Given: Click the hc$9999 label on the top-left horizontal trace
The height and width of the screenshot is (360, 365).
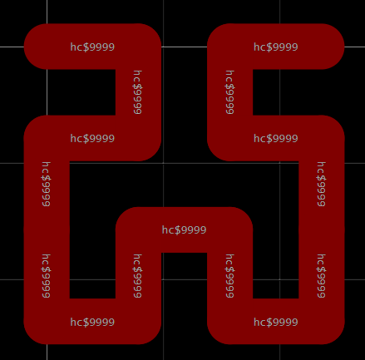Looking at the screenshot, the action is pyautogui.click(x=92, y=47).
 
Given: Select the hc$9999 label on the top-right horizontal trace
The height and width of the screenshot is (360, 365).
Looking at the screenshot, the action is pyautogui.click(x=276, y=47).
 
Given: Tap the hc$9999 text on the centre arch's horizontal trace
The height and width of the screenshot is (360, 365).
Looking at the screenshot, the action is pyautogui.click(x=184, y=229).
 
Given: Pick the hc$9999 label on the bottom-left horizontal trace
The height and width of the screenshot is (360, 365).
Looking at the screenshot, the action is pyautogui.click(x=92, y=322).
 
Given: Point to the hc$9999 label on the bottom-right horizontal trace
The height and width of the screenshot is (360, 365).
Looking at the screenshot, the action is pyautogui.click(x=276, y=322).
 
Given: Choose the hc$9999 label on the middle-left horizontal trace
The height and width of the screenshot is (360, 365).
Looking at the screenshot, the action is pyautogui.click(x=92, y=138).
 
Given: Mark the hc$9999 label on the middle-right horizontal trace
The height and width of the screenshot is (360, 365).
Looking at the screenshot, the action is pyautogui.click(x=276, y=138).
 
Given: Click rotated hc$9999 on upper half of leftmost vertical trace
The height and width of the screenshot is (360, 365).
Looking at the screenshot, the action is pyautogui.click(x=46, y=184).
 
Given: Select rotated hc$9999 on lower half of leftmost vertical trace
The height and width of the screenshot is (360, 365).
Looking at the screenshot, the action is pyautogui.click(x=46, y=276).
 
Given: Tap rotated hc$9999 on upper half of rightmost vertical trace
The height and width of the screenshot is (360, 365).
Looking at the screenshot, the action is pyautogui.click(x=321, y=184).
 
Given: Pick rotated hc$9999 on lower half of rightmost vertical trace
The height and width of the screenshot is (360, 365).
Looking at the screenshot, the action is pyautogui.click(x=321, y=276).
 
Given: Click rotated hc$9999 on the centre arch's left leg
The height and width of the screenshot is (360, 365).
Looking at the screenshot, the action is pyautogui.click(x=138, y=276).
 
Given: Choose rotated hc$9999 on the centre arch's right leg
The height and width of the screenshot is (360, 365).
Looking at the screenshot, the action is pyautogui.click(x=229, y=276).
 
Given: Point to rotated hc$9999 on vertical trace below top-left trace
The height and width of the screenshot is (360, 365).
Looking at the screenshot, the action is pyautogui.click(x=138, y=92).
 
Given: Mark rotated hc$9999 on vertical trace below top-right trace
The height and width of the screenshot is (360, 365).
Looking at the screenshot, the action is pyautogui.click(x=229, y=92).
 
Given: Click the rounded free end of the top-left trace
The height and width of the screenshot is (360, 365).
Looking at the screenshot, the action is pyautogui.click(x=25, y=47).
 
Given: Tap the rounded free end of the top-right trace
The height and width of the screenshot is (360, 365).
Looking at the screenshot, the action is pyautogui.click(x=343, y=47).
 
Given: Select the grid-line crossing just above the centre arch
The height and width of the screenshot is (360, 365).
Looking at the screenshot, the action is pyautogui.click(x=163, y=163).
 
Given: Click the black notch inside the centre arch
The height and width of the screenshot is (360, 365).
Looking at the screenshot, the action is pyautogui.click(x=184, y=275).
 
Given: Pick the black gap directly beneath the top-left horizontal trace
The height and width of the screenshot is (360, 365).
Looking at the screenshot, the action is pyautogui.click(x=81, y=92).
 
